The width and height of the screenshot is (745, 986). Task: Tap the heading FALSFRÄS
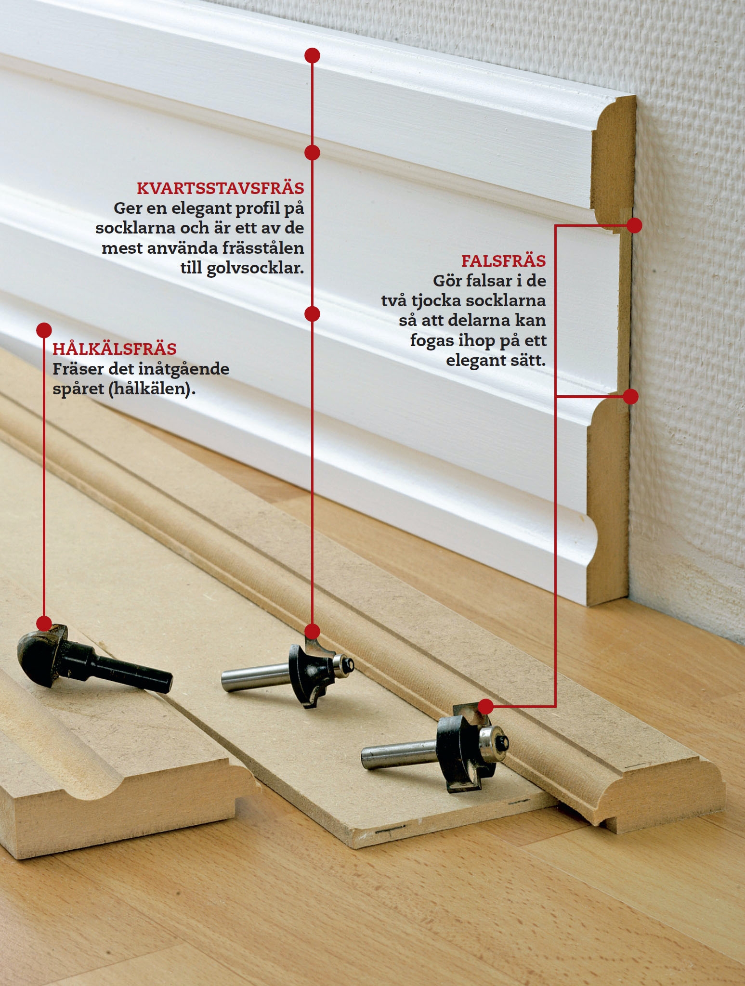coord(504,260)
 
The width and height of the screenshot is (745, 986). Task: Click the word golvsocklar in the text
coord(255,268)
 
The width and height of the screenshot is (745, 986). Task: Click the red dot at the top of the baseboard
coord(312,55)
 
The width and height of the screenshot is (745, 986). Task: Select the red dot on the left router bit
coord(44,623)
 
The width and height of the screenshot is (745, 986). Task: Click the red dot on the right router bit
coord(486,706)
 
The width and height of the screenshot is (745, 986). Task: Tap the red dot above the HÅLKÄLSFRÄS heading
coord(44,330)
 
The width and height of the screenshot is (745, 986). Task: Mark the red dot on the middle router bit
coord(312,631)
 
